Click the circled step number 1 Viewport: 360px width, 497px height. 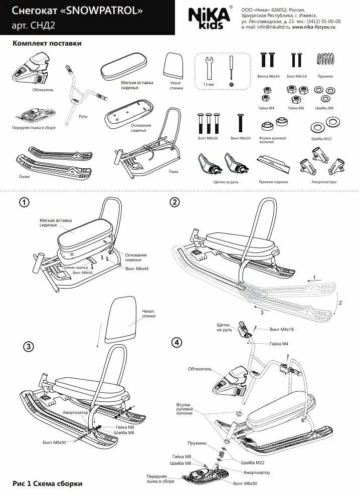point(24,202)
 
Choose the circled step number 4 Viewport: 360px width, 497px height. point(176,343)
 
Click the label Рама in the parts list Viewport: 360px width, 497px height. point(173,171)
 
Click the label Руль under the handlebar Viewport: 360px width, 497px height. point(83,116)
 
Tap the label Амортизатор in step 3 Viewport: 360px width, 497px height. point(75,412)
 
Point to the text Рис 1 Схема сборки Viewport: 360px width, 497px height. point(48,484)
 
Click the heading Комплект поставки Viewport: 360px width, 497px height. point(47,44)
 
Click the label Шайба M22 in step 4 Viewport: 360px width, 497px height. point(252,462)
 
